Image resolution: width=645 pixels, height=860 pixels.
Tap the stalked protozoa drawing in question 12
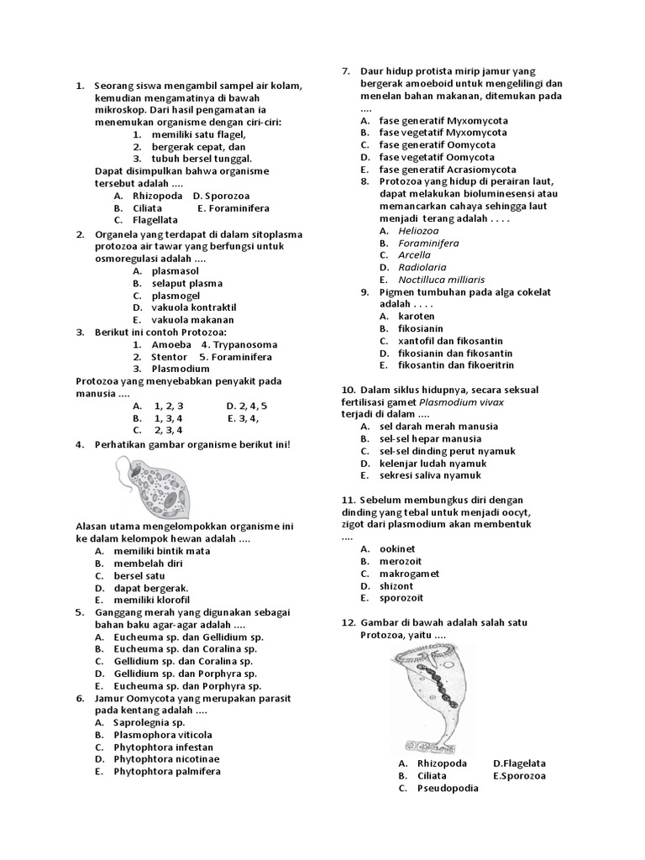[x=429, y=696]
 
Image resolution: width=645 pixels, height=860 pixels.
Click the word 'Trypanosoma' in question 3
[x=245, y=344]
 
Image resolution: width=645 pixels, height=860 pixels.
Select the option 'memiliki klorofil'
[x=152, y=600]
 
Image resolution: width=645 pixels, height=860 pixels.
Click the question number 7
[x=345, y=71]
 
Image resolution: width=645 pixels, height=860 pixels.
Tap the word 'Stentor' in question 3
[x=170, y=356]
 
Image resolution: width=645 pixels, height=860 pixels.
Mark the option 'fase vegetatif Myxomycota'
[x=443, y=133]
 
